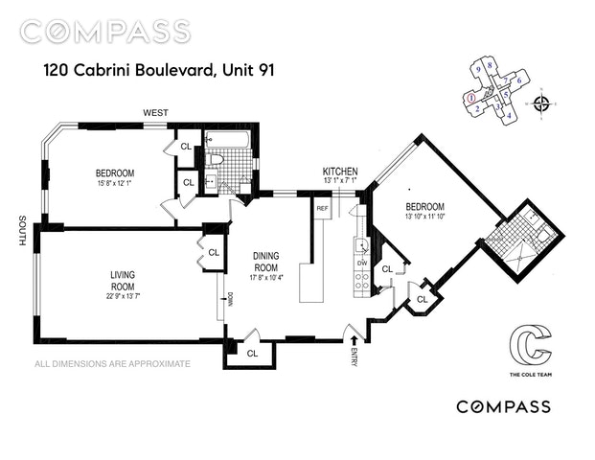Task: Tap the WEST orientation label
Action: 156,113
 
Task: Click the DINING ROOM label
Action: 265,262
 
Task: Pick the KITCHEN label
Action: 340,171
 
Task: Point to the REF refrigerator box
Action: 323,208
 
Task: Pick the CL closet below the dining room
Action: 252,353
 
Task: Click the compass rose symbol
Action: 542,103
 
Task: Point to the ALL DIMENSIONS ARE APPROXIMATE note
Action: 113,364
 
